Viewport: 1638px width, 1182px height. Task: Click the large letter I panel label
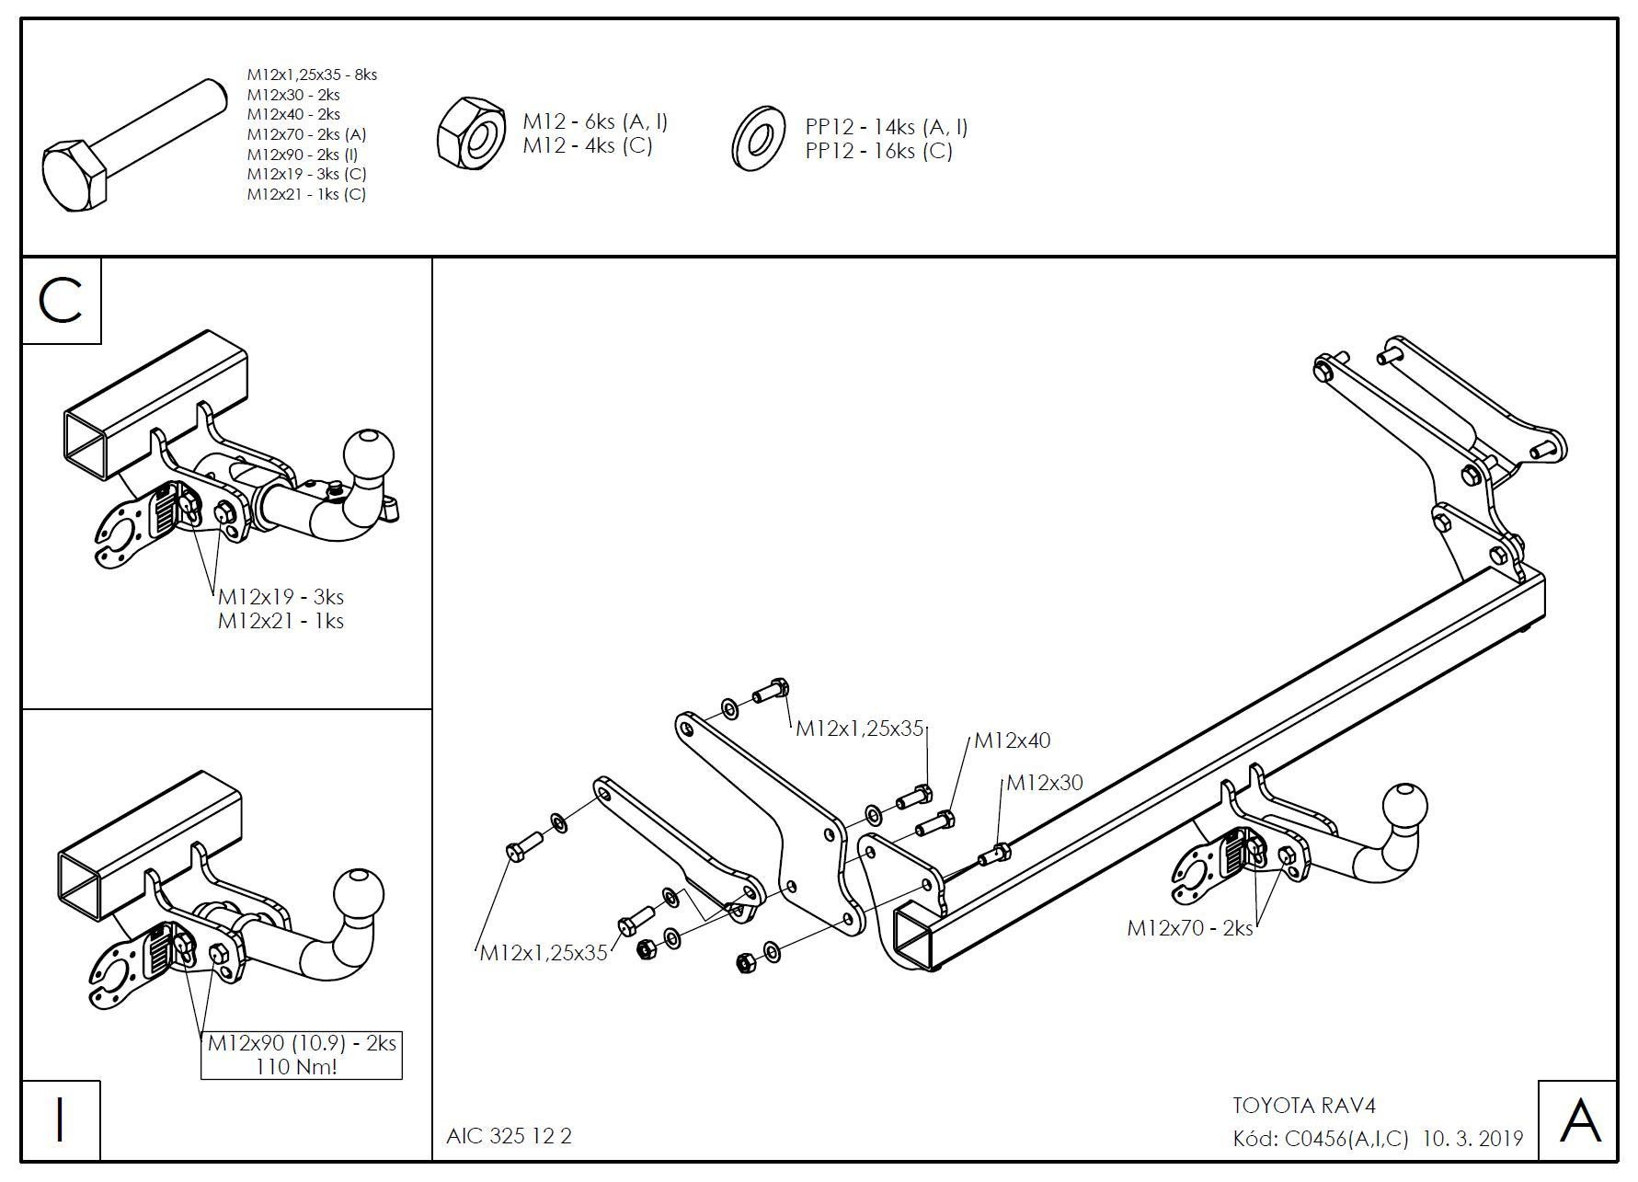coord(61,1119)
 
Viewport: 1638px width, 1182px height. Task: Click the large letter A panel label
coord(1579,1120)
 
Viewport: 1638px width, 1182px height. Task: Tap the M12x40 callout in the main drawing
coord(1012,740)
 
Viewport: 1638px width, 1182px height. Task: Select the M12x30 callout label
coord(1045,783)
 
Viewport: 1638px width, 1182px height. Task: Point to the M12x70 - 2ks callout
coord(1189,928)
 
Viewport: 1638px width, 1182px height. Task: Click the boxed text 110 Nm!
coord(301,1067)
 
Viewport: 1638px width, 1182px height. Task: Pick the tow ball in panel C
coord(368,453)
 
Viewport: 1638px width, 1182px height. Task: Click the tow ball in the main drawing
coord(1404,807)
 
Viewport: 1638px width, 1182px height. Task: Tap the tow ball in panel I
coord(358,893)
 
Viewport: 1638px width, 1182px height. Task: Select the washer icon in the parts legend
coord(757,139)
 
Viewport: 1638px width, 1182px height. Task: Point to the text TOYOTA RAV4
coord(1303,1106)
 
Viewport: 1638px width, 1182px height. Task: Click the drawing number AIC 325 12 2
coord(509,1136)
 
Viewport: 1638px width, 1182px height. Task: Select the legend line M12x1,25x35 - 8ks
coord(312,75)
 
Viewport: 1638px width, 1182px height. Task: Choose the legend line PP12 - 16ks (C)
coord(878,151)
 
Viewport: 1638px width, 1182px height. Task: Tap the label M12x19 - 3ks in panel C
coord(281,597)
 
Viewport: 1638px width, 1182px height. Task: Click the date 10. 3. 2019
coord(1472,1139)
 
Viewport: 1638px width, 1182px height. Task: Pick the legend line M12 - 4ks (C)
coord(587,145)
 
